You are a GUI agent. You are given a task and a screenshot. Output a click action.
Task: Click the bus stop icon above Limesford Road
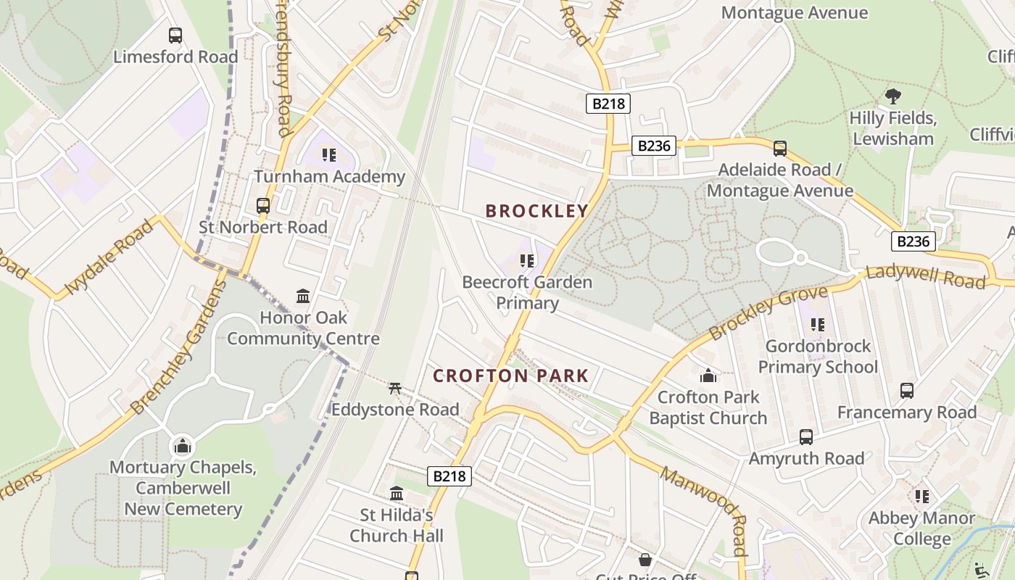(175, 35)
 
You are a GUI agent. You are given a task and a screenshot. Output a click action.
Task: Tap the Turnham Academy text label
(329, 176)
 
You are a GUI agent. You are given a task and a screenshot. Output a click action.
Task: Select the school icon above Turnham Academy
(329, 154)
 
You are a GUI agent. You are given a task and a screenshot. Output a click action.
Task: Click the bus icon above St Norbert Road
(263, 205)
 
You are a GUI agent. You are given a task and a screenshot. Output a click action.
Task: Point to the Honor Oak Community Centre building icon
(303, 296)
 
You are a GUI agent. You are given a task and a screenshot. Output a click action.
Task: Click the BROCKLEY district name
(536, 211)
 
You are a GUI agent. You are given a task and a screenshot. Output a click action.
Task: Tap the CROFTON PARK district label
(510, 376)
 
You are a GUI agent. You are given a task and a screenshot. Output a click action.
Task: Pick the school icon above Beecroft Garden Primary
(527, 260)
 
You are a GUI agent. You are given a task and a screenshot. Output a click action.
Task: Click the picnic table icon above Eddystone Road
(395, 388)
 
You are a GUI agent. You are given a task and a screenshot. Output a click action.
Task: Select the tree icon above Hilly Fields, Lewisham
(893, 96)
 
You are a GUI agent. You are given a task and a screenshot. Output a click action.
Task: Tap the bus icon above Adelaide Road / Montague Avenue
(780, 148)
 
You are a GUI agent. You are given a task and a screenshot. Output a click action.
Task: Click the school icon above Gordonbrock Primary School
(818, 324)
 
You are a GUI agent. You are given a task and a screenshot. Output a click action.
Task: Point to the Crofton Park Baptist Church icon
(708, 376)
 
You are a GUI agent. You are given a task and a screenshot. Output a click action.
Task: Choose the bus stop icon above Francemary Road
(906, 391)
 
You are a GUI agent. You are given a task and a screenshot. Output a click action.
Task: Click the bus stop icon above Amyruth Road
(806, 437)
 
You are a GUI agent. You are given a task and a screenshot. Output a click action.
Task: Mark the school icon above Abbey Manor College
(921, 497)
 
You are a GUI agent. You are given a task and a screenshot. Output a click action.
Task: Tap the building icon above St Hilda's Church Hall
(397, 494)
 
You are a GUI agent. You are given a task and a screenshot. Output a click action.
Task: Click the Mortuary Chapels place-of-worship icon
(182, 446)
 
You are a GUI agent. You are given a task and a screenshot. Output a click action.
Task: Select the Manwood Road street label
(703, 510)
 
